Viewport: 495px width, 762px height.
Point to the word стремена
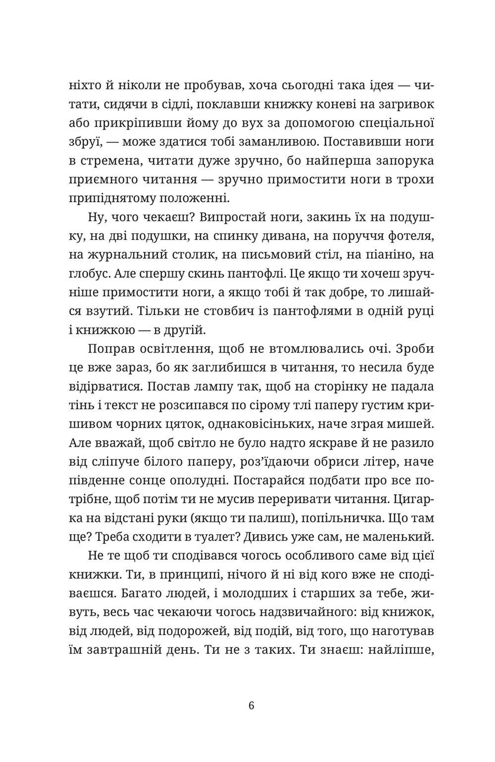(110, 161)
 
